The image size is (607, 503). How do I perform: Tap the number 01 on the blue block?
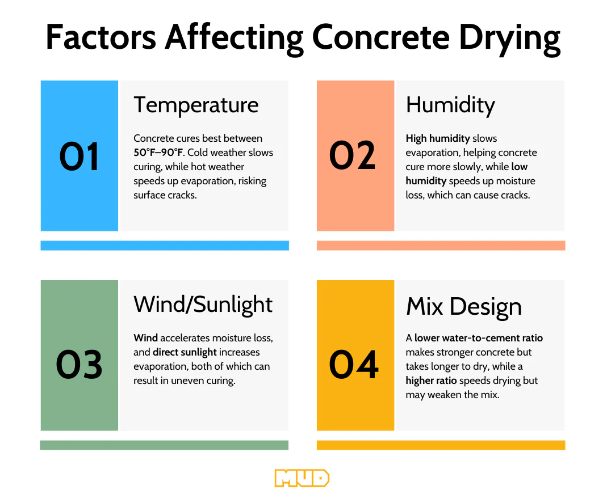[x=79, y=157]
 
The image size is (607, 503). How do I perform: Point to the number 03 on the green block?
[x=79, y=365]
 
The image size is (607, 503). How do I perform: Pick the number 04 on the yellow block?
[x=354, y=365]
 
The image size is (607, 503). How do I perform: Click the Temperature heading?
[x=196, y=105]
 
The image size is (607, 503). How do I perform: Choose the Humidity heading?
[x=450, y=105]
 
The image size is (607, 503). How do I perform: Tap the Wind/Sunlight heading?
[x=203, y=305]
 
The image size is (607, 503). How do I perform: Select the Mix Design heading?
[x=463, y=306]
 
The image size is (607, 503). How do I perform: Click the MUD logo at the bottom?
[x=302, y=478]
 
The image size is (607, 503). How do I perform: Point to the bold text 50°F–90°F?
[x=158, y=153]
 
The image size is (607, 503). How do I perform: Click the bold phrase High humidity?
[x=438, y=138]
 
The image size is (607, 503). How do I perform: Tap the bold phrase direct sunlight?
[x=185, y=352]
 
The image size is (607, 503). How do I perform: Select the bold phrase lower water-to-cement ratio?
[x=478, y=338]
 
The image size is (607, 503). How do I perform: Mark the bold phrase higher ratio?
[x=432, y=381]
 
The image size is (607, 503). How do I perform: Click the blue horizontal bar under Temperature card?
[x=165, y=246]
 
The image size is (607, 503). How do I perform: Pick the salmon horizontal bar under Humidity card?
[x=441, y=246]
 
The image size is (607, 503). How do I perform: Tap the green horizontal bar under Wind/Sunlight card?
[x=164, y=445]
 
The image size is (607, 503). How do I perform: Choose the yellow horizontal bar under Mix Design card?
[x=441, y=445]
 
